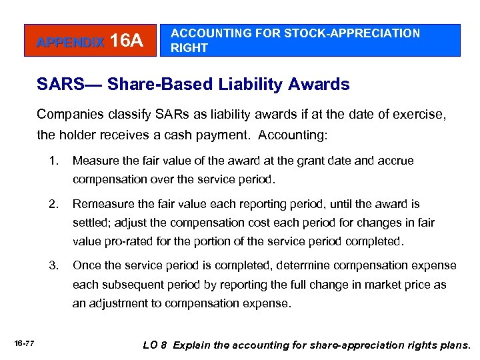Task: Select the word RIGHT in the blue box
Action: click(x=189, y=48)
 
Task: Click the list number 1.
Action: click(x=53, y=161)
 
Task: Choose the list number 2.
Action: click(x=53, y=204)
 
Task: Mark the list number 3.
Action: click(x=53, y=265)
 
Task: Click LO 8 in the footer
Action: click(x=156, y=345)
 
